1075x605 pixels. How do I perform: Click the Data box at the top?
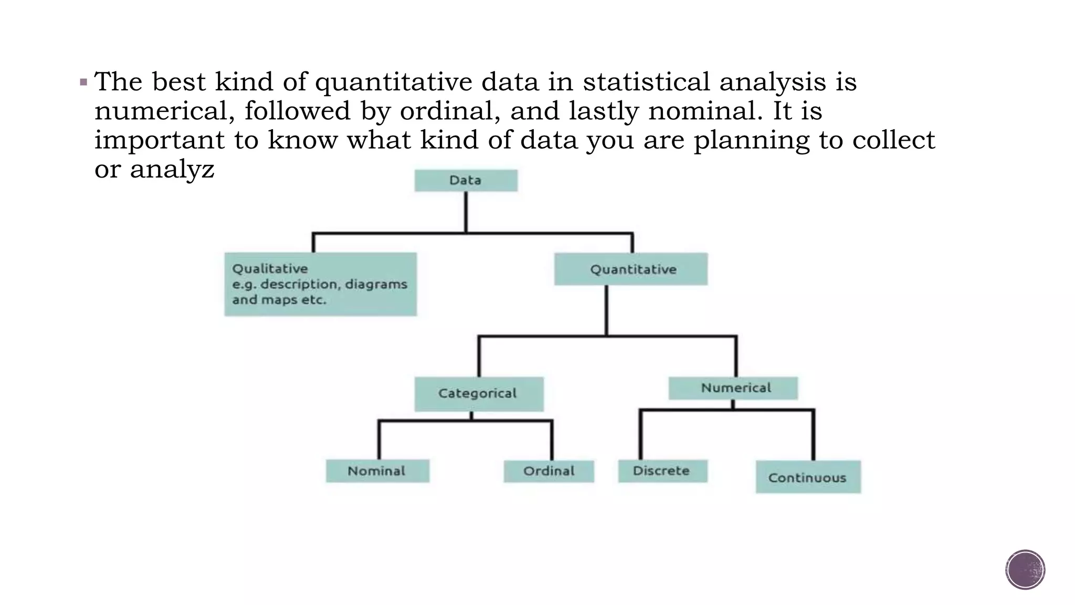[x=466, y=180]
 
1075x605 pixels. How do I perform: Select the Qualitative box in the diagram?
[x=320, y=284]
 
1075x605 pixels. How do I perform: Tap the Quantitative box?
[x=631, y=269]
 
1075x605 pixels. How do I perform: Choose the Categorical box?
[x=479, y=393]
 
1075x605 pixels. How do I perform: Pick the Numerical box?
[x=733, y=388]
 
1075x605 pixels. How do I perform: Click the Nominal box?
[x=377, y=471]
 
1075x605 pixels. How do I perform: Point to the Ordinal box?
[x=549, y=471]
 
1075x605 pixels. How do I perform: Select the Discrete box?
[x=662, y=471]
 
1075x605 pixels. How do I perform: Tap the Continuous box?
[x=808, y=477]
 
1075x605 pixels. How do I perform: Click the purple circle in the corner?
[x=1025, y=570]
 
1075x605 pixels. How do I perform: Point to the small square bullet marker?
[x=83, y=82]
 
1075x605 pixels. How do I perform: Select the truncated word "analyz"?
[x=172, y=169]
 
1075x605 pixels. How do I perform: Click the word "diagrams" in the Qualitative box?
[x=376, y=284]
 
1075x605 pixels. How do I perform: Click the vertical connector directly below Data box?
[x=466, y=212]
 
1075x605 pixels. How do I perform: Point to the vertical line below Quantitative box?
[x=606, y=310]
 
